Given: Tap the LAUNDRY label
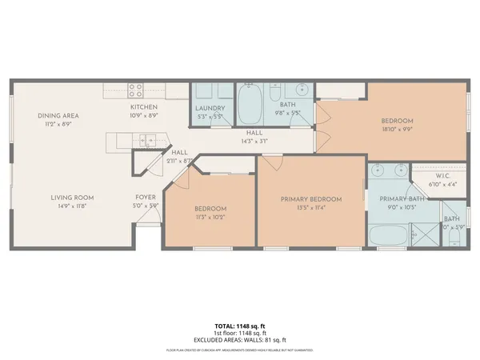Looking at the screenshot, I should (210, 109).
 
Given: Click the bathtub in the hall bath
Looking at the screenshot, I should (254, 103).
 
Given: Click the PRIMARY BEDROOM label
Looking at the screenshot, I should (311, 199).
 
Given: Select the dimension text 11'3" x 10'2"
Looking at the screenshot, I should (211, 216).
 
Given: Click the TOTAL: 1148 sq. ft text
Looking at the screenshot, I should (239, 326).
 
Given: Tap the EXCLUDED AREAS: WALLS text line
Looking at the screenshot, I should (239, 339).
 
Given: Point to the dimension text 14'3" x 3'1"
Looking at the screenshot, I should (254, 142).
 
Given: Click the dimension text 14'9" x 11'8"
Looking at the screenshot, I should (73, 206).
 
